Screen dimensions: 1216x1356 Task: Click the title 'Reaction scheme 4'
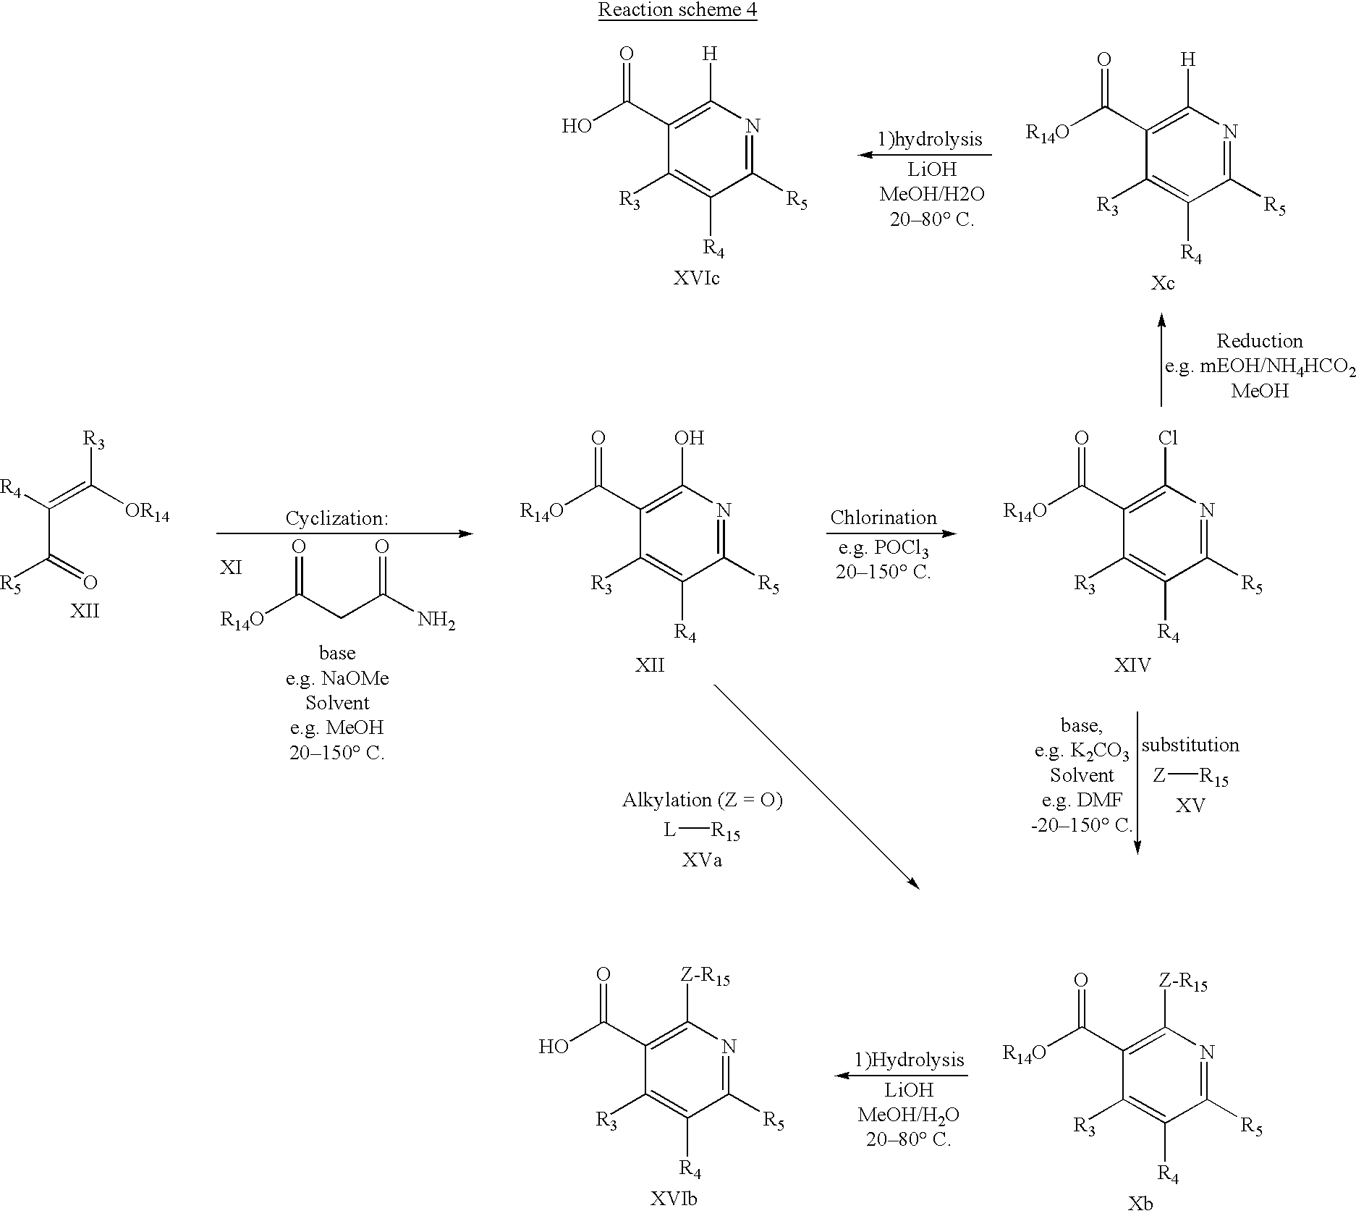[677, 11]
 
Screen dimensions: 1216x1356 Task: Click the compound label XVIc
[696, 279]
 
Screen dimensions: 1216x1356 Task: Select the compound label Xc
[1163, 283]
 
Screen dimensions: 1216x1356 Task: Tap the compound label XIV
[1132, 664]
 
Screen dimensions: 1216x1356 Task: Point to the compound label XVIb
[673, 1199]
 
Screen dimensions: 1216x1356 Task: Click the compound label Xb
[1141, 1204]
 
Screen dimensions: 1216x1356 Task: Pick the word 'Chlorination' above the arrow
[883, 518]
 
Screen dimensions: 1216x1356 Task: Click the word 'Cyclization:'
[336, 518]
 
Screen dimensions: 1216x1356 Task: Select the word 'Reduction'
[1259, 341]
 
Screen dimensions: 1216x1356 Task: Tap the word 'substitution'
[1190, 745]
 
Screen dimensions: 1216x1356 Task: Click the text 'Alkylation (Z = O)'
[702, 800]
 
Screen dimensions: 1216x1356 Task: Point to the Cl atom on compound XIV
[1168, 438]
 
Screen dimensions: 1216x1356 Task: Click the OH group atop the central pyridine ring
[688, 438]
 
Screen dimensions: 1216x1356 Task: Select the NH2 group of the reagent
[436, 620]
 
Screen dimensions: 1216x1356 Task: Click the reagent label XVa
[702, 859]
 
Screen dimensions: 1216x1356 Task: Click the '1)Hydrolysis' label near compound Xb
[910, 1060]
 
